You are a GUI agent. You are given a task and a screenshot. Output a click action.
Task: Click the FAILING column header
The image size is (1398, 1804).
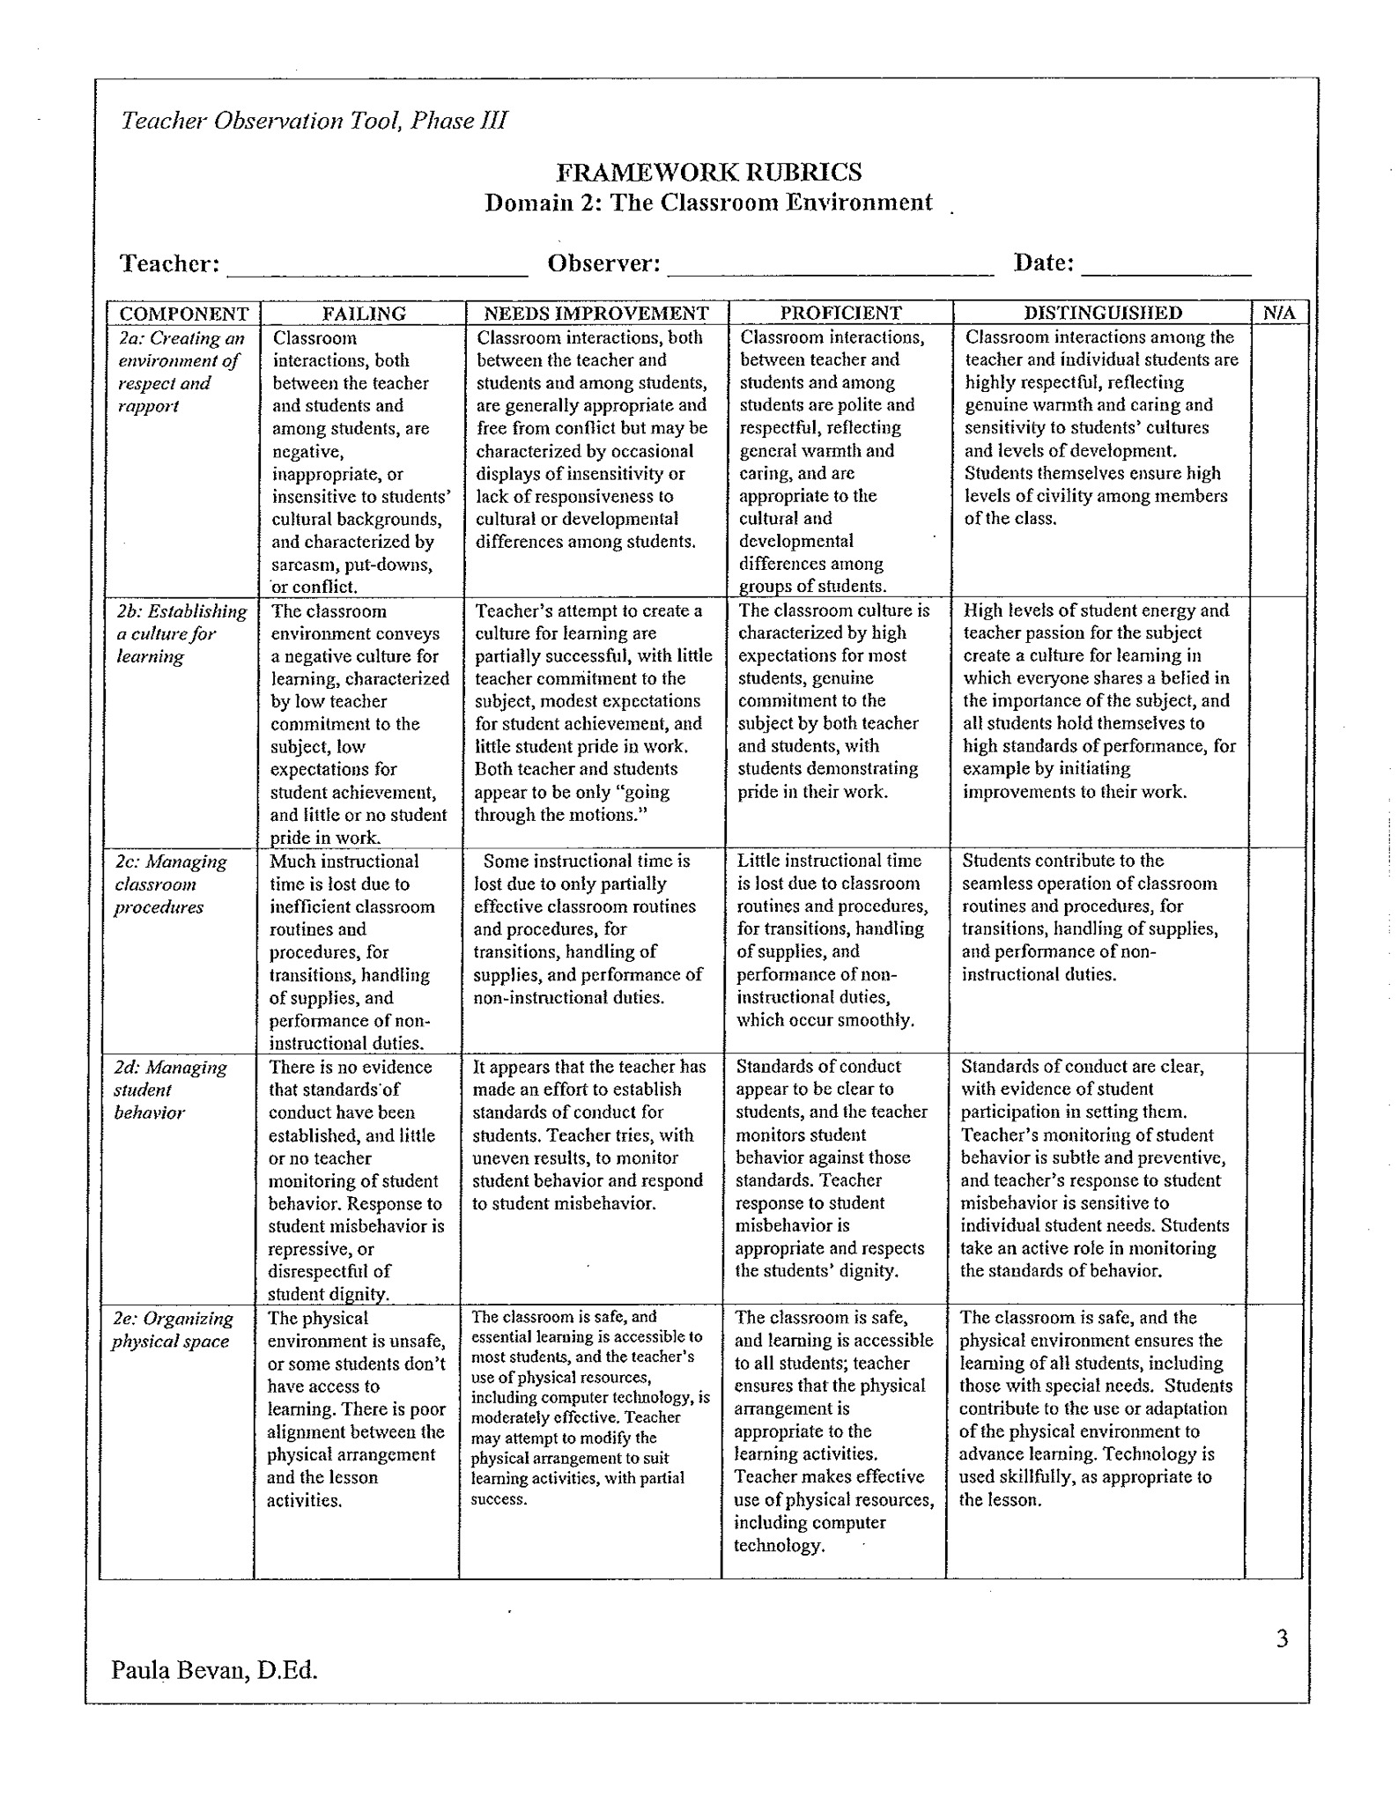(363, 313)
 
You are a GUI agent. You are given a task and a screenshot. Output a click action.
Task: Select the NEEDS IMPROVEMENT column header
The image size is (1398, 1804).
(596, 313)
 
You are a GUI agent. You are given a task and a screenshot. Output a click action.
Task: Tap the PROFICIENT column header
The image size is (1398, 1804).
(840, 313)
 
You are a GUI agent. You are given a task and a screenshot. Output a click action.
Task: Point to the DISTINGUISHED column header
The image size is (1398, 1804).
(1102, 313)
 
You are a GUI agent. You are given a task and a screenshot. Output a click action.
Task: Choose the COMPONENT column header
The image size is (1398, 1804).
(184, 314)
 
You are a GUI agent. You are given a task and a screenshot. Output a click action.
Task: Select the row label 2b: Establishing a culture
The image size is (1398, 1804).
(181, 633)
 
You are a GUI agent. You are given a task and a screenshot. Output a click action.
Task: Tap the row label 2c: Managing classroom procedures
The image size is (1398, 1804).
(170, 884)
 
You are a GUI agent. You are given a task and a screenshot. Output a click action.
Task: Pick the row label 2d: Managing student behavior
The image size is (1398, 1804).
(170, 1090)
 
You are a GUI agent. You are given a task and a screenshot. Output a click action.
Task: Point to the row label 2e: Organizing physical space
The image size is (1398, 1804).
(173, 1329)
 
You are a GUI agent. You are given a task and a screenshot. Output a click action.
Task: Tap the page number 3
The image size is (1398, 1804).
(1282, 1638)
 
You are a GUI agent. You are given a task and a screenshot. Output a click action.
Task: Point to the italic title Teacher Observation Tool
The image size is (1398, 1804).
(314, 121)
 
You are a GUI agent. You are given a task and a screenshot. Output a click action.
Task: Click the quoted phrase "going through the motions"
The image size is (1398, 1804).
(573, 803)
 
